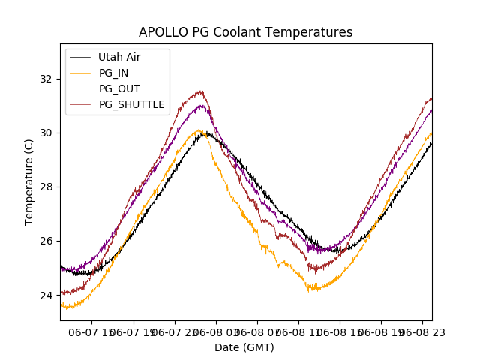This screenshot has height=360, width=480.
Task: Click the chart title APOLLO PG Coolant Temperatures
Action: tap(245, 32)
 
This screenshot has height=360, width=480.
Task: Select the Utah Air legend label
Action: tap(119, 57)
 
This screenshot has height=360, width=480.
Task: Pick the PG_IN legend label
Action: tap(114, 73)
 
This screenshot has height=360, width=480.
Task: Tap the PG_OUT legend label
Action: tap(119, 88)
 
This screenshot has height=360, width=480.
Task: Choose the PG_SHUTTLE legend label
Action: tap(131, 104)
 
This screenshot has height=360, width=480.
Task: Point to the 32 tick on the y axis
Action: tap(46, 79)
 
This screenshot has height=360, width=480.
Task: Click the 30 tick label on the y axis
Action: tap(46, 133)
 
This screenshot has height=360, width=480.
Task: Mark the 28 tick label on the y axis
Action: tap(46, 187)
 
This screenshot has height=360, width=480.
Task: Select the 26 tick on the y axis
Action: tap(46, 241)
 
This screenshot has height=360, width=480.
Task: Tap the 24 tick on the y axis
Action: tap(46, 295)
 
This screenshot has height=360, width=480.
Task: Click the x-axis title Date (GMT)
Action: tap(244, 347)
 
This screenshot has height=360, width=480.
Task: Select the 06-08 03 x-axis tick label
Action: tap(216, 331)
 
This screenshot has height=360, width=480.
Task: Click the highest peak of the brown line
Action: tap(199, 91)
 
